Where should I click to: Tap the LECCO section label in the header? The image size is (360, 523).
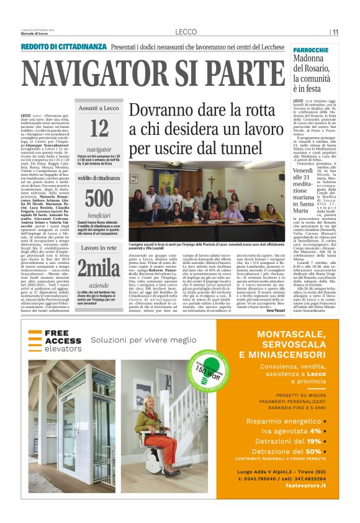[186, 32]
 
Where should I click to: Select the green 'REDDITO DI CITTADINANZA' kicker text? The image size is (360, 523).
[64, 47]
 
